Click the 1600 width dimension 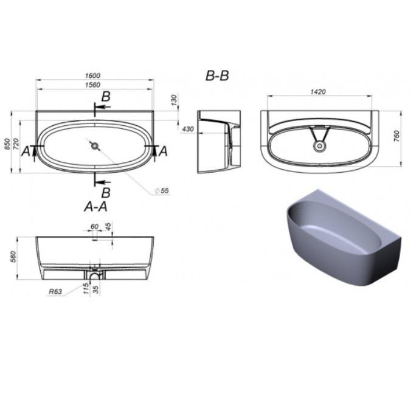92,75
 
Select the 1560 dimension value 92,85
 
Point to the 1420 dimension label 318,92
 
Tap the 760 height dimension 397,136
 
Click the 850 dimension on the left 8,144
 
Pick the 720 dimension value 16,144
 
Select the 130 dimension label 174,100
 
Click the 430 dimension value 188,129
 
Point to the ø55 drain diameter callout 162,190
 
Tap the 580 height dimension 13,257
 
